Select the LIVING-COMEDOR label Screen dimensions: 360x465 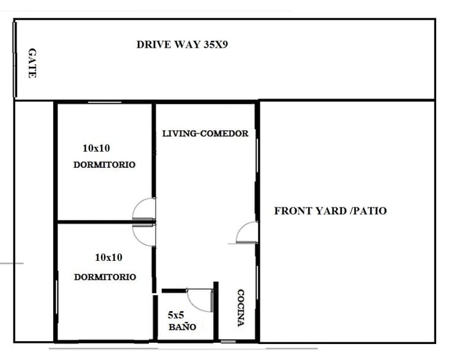(205, 133)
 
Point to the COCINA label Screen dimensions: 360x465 (241, 307)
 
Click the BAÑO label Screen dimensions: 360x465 (182, 327)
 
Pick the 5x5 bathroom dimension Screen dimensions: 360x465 (176, 315)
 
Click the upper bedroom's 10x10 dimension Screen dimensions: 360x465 (96, 148)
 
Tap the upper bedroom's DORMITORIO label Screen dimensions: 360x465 (104, 165)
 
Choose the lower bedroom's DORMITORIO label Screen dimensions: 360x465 (105, 277)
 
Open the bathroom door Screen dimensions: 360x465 (200, 299)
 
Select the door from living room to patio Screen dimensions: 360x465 (247, 233)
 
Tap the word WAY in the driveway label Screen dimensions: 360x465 (185, 44)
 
